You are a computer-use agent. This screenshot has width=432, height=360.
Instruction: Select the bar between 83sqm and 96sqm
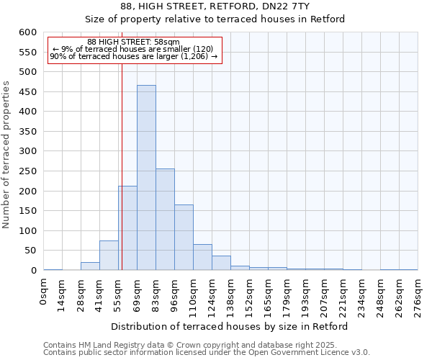[x=165, y=220]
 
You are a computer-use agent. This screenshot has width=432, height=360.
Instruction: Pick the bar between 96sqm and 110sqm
[x=184, y=238]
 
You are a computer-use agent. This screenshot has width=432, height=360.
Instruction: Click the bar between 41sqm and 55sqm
[x=109, y=256]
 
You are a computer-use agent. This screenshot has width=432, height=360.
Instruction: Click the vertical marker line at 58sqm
[x=122, y=144]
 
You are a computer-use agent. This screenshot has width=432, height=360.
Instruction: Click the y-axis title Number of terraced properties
[x=7, y=155]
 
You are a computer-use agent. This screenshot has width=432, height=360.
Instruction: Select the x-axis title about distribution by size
[x=230, y=326]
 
